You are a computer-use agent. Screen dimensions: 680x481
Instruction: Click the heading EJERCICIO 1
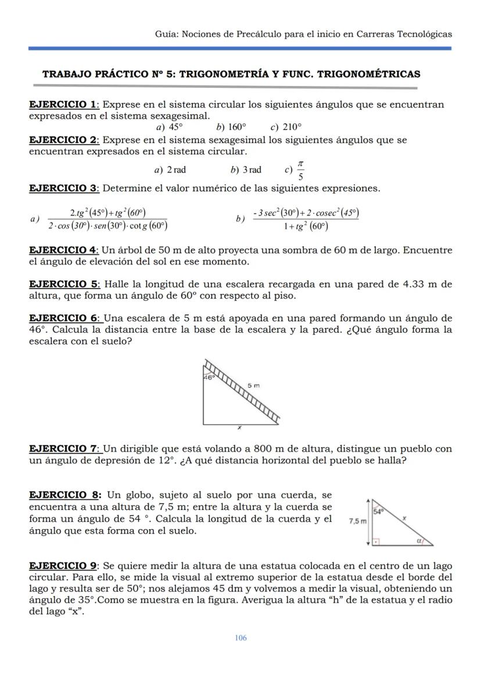[x=63, y=105]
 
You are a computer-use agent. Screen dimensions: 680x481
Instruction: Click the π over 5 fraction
[x=300, y=170]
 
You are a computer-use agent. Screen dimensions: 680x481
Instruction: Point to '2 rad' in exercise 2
[x=176, y=170]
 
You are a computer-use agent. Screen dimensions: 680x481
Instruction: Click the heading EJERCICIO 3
[x=63, y=188]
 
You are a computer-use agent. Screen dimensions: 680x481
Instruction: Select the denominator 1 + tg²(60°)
[x=306, y=226]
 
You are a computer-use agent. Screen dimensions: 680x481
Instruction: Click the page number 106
[x=240, y=638]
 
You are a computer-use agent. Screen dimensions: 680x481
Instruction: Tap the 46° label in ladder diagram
[x=209, y=377]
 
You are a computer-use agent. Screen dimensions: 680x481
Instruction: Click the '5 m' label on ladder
[x=253, y=385]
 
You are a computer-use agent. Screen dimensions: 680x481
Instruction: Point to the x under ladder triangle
[x=239, y=427]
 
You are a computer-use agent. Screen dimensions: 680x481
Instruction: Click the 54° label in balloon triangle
[x=379, y=512]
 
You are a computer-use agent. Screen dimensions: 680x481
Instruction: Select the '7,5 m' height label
[x=358, y=521]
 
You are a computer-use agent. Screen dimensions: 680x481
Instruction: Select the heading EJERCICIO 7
[x=63, y=449]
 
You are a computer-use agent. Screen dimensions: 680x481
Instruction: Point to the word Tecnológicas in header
[x=423, y=34]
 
